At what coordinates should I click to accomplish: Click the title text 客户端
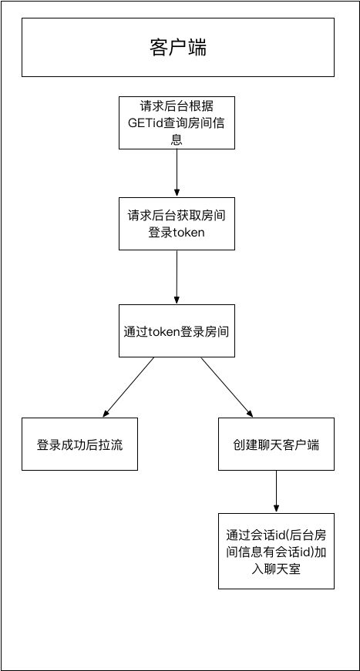(x=177, y=48)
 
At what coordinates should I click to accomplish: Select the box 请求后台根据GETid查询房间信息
(x=177, y=122)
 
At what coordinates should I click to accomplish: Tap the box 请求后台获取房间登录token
(x=177, y=223)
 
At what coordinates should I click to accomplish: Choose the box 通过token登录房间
(x=177, y=330)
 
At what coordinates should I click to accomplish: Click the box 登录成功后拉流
(x=79, y=445)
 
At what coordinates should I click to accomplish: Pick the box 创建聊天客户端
(x=276, y=445)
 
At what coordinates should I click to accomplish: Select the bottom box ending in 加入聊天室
(x=276, y=551)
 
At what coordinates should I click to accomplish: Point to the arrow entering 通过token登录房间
(x=177, y=277)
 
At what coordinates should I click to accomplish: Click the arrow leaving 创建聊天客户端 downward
(x=276, y=491)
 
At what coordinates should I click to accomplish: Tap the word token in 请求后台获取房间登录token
(x=187, y=233)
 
